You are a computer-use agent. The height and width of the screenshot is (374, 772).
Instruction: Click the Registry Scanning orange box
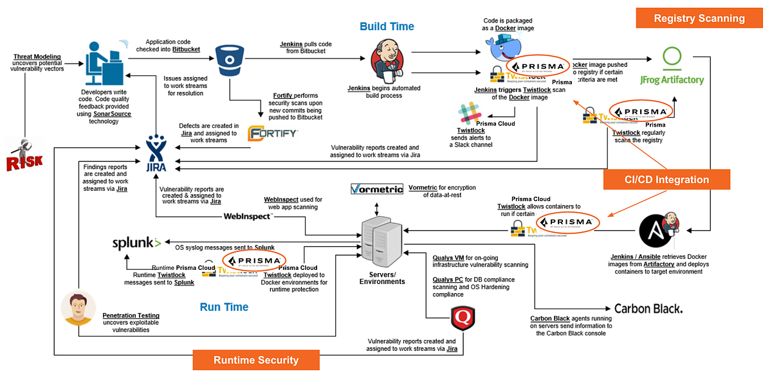[x=699, y=18]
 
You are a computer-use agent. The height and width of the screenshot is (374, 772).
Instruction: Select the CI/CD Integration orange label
[x=666, y=180]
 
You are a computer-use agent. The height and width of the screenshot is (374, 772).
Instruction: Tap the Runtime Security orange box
[x=256, y=360]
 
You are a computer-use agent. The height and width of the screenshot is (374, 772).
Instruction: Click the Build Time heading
[x=387, y=26]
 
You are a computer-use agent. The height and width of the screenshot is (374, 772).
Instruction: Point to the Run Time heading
[x=224, y=307]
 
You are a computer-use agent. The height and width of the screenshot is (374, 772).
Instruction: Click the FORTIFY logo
[x=273, y=134]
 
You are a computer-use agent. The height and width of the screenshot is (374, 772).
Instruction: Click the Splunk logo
[x=136, y=243]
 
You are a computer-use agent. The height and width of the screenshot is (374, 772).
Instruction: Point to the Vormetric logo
[x=377, y=188]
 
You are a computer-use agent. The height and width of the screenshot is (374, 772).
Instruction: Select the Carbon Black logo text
[x=648, y=308]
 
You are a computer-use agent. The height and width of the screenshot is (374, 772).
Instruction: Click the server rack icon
[x=378, y=238]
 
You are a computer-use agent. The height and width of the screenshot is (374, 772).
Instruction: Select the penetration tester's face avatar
[x=78, y=308]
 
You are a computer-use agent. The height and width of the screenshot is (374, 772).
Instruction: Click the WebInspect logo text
[x=248, y=216]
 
